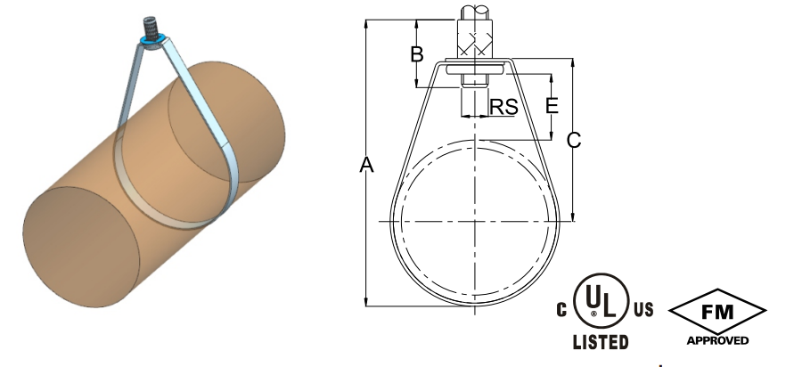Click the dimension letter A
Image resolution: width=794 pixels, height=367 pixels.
click(x=365, y=165)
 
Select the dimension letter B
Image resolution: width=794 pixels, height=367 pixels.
click(x=416, y=54)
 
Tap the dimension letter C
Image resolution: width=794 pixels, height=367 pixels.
click(x=575, y=140)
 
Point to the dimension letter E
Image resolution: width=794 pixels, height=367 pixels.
click(x=552, y=106)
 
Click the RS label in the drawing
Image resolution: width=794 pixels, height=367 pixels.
click(x=504, y=108)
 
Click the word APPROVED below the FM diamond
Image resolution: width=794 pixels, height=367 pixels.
click(x=717, y=340)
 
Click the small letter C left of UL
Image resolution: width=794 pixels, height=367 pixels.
click(x=562, y=310)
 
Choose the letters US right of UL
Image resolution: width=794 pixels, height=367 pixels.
click(x=643, y=310)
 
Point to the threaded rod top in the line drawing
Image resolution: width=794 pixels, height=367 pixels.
click(x=477, y=14)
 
